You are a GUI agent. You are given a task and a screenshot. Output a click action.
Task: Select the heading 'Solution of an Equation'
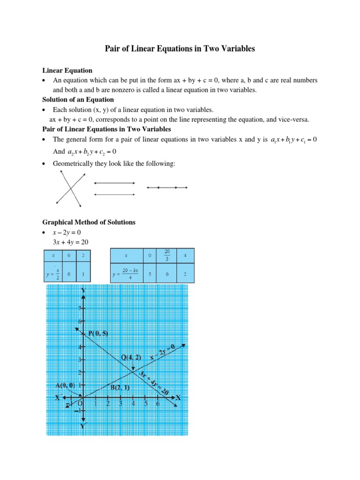tap(78, 99)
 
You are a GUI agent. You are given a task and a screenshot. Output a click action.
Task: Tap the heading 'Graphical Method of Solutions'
tap(89, 222)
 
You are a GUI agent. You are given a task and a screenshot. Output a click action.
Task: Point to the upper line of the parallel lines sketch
tap(114, 183)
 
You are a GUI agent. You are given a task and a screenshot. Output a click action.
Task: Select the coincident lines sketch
tap(167, 187)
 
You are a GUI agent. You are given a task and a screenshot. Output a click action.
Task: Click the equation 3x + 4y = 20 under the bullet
tap(70, 242)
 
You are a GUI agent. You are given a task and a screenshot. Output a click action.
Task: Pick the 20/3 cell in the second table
tap(167, 256)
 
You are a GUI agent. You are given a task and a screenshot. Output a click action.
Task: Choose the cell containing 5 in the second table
tap(149, 273)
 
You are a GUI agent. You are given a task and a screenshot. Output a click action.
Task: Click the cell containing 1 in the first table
tap(83, 273)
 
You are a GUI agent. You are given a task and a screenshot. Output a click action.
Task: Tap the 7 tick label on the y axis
tap(79, 308)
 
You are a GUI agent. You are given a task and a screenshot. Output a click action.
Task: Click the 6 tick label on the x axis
tap(157, 404)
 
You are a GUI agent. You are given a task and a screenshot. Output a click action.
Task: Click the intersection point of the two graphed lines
tap(133, 372)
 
